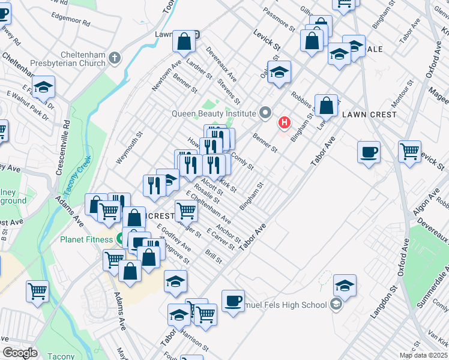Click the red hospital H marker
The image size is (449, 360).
click(x=285, y=123)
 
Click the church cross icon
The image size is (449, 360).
click(x=115, y=58)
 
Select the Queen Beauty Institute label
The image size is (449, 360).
click(x=214, y=113)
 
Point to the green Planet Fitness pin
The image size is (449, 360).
click(x=121, y=239)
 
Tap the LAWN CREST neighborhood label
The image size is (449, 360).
click(x=369, y=115)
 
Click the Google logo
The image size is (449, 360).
click(x=20, y=353)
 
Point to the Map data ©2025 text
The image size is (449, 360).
click(x=422, y=355)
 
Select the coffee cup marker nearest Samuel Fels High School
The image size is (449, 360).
click(x=233, y=300)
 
